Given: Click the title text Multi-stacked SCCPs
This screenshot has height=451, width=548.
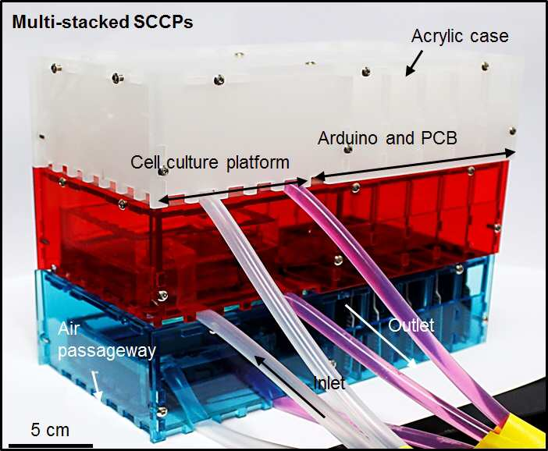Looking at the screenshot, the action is point(102,23).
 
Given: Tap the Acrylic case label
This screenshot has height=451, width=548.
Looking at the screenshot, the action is point(460,37).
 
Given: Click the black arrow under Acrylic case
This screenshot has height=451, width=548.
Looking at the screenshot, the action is point(415,63).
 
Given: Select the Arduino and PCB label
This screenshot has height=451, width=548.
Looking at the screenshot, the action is point(387,138).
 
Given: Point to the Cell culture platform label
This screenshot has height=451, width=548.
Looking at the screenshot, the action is point(210,162).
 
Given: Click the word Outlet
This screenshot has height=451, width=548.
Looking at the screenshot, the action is point(411,325).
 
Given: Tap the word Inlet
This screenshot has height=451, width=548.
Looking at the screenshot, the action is point(329,383).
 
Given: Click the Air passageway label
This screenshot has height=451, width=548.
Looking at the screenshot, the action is point(107,340).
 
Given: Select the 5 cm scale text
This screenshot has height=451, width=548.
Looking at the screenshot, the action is point(50,430).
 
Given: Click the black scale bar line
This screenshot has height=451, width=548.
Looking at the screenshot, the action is point(51,446).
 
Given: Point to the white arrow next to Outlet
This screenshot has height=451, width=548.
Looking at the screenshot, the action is point(381,336).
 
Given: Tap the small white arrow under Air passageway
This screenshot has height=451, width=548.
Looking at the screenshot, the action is point(97,385).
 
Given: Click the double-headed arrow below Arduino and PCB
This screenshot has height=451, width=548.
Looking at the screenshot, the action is point(415,165).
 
